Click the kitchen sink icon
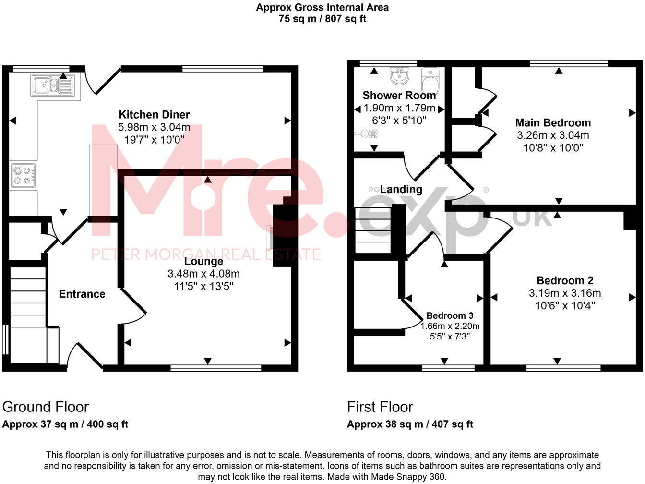52,85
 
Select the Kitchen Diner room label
154,115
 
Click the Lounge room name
203,262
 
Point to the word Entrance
82,294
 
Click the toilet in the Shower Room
430,80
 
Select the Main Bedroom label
553,123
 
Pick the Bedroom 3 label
450,316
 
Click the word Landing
401,190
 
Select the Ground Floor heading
46,407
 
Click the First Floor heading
380,407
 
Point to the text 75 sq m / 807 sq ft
322,19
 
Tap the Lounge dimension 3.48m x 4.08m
203,274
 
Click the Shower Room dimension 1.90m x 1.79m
399,108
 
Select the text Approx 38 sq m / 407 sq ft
410,424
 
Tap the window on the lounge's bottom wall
216,368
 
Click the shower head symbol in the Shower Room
370,133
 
